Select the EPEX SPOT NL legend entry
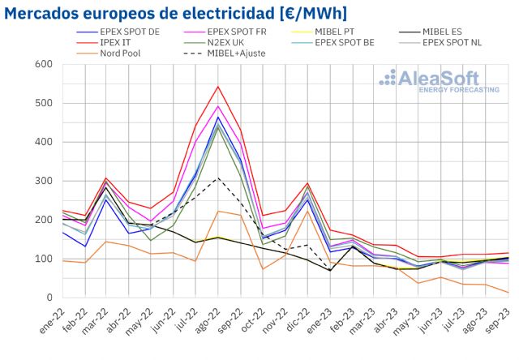475,42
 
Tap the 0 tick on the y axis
48,298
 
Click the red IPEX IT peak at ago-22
218,86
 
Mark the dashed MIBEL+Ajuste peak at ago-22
218,178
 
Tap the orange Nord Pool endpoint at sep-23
508,293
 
